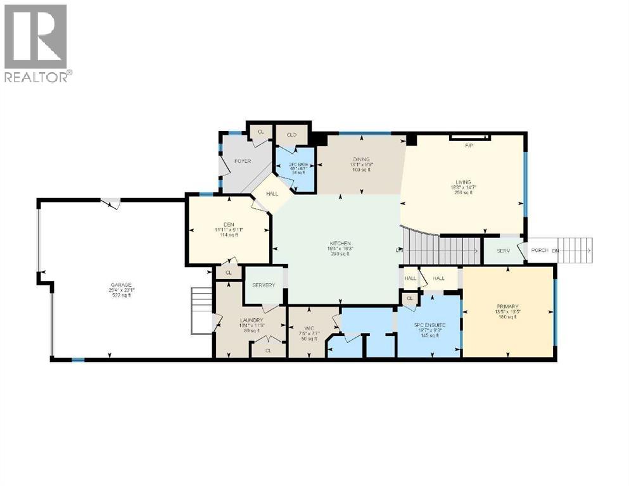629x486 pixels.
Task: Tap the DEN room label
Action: (223, 222)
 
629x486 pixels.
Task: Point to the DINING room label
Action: (361, 159)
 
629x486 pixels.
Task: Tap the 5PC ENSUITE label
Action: (429, 325)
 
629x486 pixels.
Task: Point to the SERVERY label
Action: (264, 285)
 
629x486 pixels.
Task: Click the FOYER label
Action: (243, 161)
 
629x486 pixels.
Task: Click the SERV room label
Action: (503, 251)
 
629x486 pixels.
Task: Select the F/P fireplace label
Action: (469, 146)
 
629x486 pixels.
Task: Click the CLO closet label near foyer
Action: (291, 135)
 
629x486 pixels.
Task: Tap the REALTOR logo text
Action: (36, 77)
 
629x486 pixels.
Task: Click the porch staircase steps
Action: (574, 251)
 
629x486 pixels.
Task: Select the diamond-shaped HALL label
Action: (272, 194)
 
